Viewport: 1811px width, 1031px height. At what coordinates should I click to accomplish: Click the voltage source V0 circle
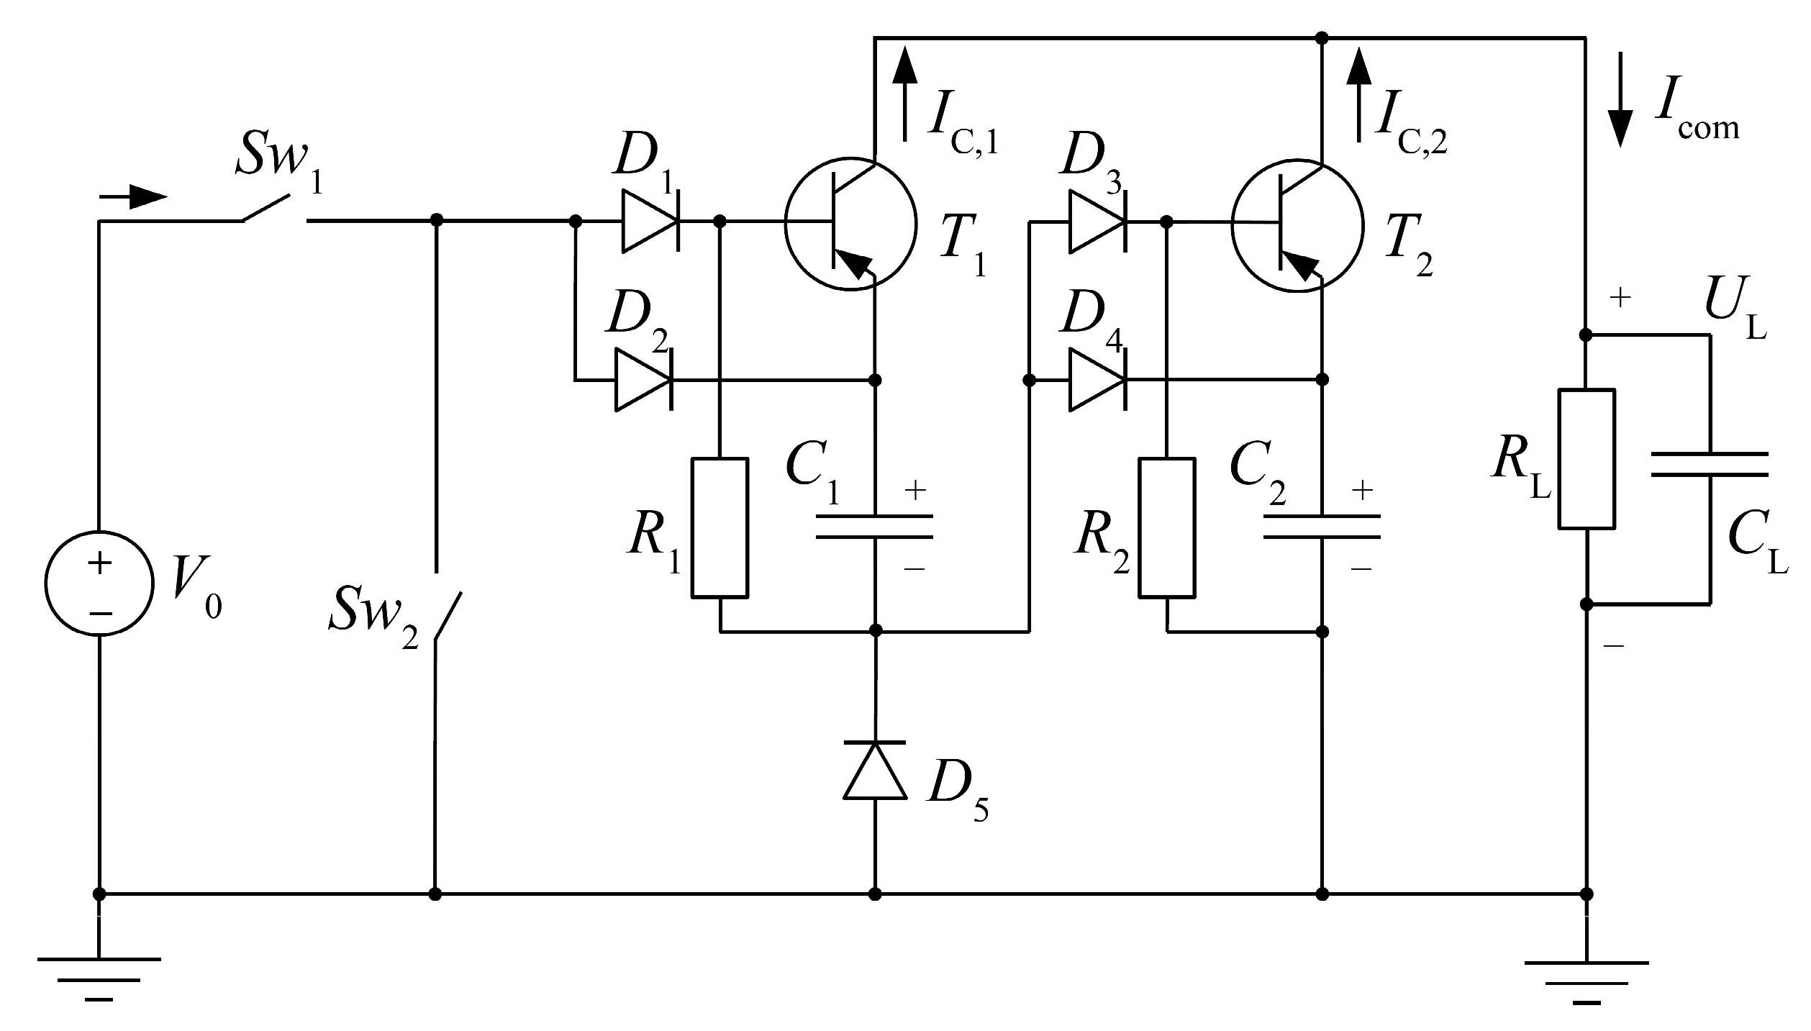click(99, 583)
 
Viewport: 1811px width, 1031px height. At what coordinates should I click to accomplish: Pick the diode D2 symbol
click(643, 379)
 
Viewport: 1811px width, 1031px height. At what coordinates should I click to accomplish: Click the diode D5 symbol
click(875, 770)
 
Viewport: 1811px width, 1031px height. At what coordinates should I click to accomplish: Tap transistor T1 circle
click(850, 224)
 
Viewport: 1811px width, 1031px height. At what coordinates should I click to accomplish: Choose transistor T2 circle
click(1297, 224)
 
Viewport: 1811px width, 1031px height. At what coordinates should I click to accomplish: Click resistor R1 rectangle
click(720, 527)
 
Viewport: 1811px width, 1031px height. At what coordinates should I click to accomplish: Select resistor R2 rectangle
click(1167, 527)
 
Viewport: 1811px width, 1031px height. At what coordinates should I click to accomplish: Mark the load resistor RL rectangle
click(1587, 459)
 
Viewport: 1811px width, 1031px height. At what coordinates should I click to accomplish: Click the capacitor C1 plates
click(875, 526)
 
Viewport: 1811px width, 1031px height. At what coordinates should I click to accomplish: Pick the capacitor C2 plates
click(1322, 526)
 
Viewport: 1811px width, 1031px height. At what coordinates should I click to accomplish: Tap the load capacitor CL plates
click(1710, 464)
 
